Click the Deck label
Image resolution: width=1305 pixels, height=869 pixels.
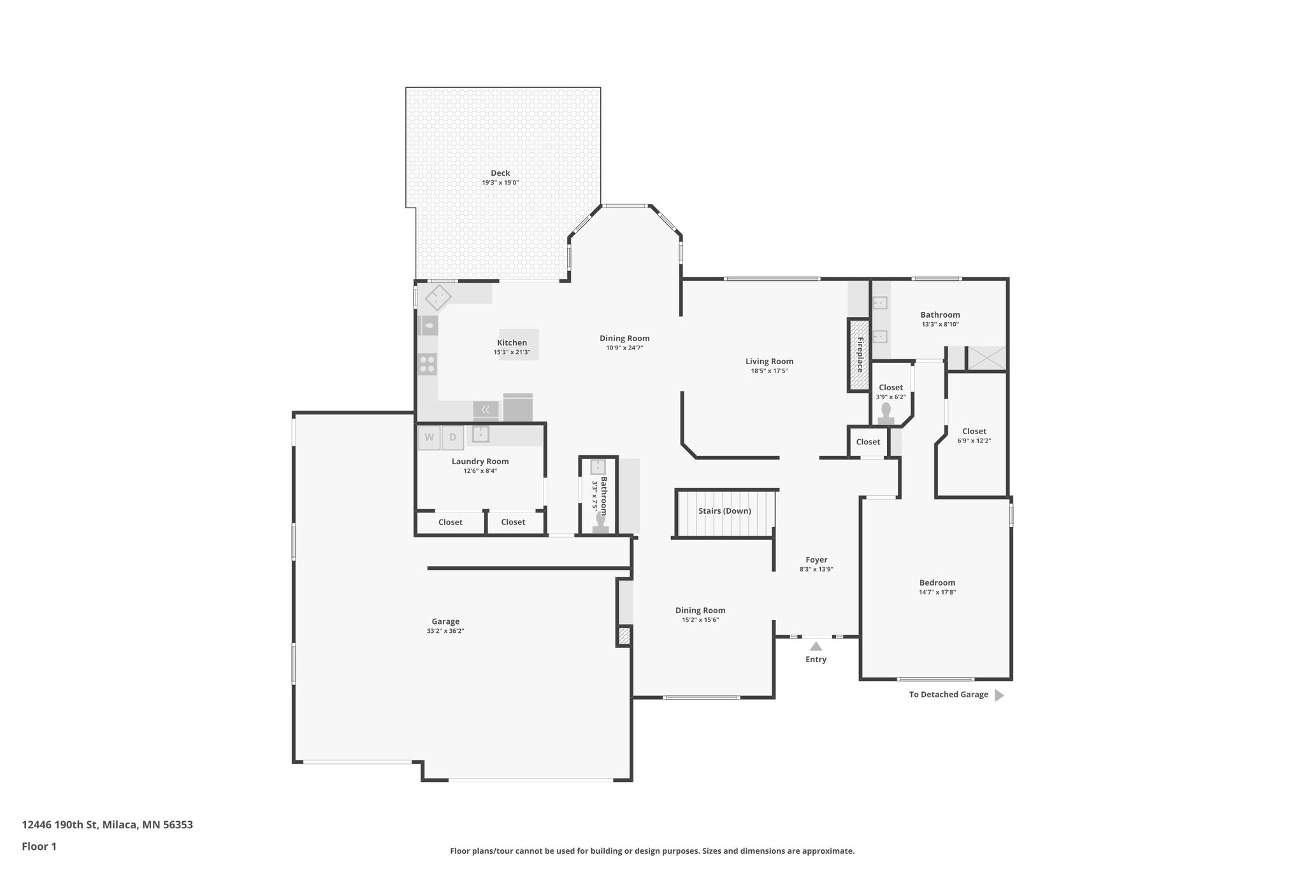point(500,173)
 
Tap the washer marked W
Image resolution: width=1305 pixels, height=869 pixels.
point(429,437)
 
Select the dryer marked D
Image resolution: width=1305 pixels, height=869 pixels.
point(452,437)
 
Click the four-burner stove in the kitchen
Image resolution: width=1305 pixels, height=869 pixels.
point(428,364)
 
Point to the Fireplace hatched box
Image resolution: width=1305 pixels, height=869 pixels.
point(858,355)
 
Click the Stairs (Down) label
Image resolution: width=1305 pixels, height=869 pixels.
point(725,511)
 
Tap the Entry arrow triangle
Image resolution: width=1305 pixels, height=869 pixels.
point(816,646)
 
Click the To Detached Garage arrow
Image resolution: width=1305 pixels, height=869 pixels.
point(999,695)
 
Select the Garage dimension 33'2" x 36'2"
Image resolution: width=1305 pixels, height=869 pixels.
point(445,631)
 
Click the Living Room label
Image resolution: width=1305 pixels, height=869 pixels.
point(769,362)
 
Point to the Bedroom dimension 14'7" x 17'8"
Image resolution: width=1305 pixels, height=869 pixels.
point(937,592)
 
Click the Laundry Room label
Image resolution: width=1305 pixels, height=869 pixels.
point(480,462)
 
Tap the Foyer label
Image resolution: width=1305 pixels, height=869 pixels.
point(816,560)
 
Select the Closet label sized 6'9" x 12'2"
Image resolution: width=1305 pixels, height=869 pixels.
point(974,432)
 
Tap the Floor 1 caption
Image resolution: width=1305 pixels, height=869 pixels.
point(39,846)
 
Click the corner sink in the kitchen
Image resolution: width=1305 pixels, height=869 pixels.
point(438,297)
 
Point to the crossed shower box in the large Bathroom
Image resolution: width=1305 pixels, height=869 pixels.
point(986,358)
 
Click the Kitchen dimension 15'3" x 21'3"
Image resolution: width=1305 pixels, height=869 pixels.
point(512,352)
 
